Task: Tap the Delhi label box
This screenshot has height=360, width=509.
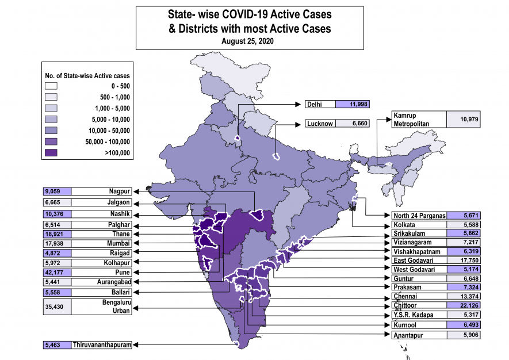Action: [x=319, y=104]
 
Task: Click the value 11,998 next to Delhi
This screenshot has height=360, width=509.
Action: [x=351, y=104]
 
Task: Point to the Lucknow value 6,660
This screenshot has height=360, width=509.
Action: [x=351, y=123]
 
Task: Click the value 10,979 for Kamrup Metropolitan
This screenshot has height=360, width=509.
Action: [x=464, y=119]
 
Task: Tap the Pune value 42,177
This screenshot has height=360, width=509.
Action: [x=56, y=272]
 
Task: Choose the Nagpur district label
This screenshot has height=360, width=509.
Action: [x=101, y=192]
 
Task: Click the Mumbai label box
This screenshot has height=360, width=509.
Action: [x=101, y=243]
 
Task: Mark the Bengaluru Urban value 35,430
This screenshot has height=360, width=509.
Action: [x=56, y=307]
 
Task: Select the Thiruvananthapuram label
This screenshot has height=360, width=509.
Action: [x=101, y=345]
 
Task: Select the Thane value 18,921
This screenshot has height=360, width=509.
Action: [x=56, y=234]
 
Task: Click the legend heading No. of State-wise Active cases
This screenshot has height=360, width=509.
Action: [x=87, y=75]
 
